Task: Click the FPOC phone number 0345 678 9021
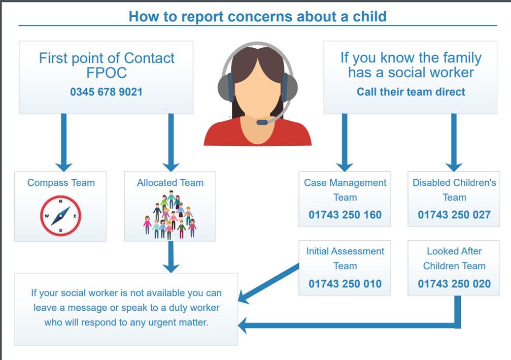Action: pyautogui.click(x=106, y=92)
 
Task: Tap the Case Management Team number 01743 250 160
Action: pyautogui.click(x=345, y=215)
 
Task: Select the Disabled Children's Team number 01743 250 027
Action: pyautogui.click(x=454, y=215)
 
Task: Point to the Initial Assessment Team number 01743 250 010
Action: pyautogui.click(x=345, y=284)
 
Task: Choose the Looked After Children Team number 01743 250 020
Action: pyautogui.click(x=454, y=284)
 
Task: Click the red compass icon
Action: pyautogui.click(x=60, y=216)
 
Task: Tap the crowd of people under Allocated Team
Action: pyautogui.click(x=170, y=216)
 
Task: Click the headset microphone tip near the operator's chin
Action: pyautogui.click(x=262, y=122)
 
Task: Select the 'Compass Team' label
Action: pyautogui.click(x=61, y=183)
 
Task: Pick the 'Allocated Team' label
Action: pyautogui.click(x=170, y=183)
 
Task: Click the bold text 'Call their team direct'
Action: pyautogui.click(x=411, y=92)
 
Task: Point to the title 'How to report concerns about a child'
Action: pyautogui.click(x=257, y=17)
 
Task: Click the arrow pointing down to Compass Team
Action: pyautogui.click(x=64, y=143)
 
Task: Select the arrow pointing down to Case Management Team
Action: pyautogui.click(x=345, y=143)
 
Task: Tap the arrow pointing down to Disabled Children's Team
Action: pyautogui.click(x=454, y=143)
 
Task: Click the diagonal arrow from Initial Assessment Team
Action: pyautogui.click(x=268, y=284)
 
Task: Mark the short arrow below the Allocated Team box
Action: pyautogui.click(x=171, y=257)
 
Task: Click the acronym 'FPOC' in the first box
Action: pyautogui.click(x=107, y=73)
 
